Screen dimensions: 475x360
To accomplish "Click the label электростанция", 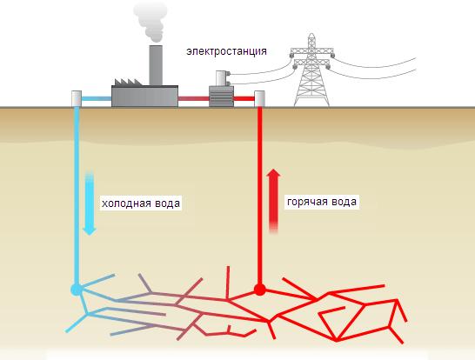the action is (x=226, y=51).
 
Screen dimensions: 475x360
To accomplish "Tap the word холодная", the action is (x=127, y=203).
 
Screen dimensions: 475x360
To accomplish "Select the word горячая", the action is (x=307, y=202).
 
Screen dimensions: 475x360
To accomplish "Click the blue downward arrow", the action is (x=90, y=203).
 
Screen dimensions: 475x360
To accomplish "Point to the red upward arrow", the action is (x=273, y=201).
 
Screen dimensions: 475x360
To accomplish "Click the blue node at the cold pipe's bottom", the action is (x=77, y=290).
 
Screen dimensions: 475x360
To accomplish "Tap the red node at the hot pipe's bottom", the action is (x=259, y=290).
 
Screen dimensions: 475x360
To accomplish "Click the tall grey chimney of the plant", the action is (x=156, y=65).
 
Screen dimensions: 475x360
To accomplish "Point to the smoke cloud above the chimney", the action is (x=151, y=21).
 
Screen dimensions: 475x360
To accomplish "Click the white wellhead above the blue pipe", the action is (x=77, y=98).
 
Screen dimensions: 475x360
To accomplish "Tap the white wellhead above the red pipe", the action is (x=259, y=99).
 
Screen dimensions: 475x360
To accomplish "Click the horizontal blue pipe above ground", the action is (x=97, y=99).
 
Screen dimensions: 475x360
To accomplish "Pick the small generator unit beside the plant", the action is (x=222, y=97).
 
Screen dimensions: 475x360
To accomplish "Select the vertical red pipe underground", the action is (x=259, y=196).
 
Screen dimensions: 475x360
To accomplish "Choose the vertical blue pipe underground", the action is (x=77, y=196).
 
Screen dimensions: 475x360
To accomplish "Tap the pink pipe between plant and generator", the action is (x=194, y=99).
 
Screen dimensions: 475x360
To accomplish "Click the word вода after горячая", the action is (x=344, y=202).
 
